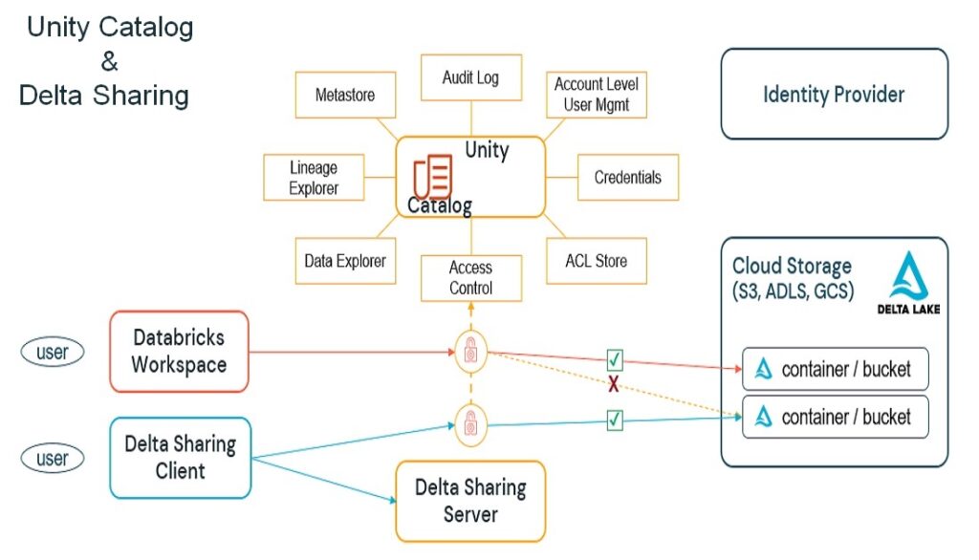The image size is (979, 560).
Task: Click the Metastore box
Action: (x=345, y=96)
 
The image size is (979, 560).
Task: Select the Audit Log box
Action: (x=470, y=77)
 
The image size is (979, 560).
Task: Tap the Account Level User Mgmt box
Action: (x=596, y=95)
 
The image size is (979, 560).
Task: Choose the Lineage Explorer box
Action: (x=314, y=178)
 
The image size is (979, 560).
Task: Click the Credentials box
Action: (x=627, y=178)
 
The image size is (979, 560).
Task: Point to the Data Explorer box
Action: (x=345, y=261)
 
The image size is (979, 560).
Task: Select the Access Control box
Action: (x=470, y=278)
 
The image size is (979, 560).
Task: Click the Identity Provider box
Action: (x=833, y=95)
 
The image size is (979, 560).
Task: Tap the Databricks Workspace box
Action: (x=180, y=352)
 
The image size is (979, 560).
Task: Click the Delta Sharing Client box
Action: (x=180, y=458)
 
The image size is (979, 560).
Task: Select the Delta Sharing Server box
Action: (x=469, y=501)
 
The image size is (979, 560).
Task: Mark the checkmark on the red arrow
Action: (x=615, y=361)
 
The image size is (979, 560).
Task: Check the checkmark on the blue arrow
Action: (x=615, y=419)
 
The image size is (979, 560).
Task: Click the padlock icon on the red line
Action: (x=470, y=351)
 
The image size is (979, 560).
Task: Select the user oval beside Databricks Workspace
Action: (x=53, y=353)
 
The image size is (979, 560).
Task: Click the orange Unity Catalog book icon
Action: (x=432, y=179)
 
